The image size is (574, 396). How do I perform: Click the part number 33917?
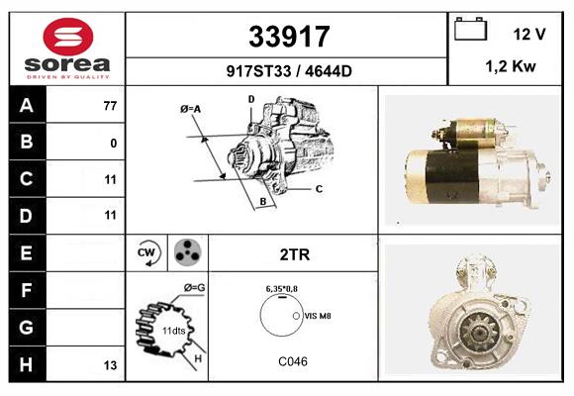point(287,37)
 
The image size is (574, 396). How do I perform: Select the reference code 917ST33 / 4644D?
point(287,70)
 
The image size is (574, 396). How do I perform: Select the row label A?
point(26,105)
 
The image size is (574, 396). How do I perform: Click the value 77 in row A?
point(110,106)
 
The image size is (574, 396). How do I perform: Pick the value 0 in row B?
point(114,143)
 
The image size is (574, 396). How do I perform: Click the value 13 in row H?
point(111,365)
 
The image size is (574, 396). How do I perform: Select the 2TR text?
point(295,254)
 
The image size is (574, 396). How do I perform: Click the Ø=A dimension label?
point(191,109)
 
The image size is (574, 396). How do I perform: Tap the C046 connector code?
point(293,361)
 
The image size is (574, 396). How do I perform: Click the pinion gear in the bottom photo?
point(466,321)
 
